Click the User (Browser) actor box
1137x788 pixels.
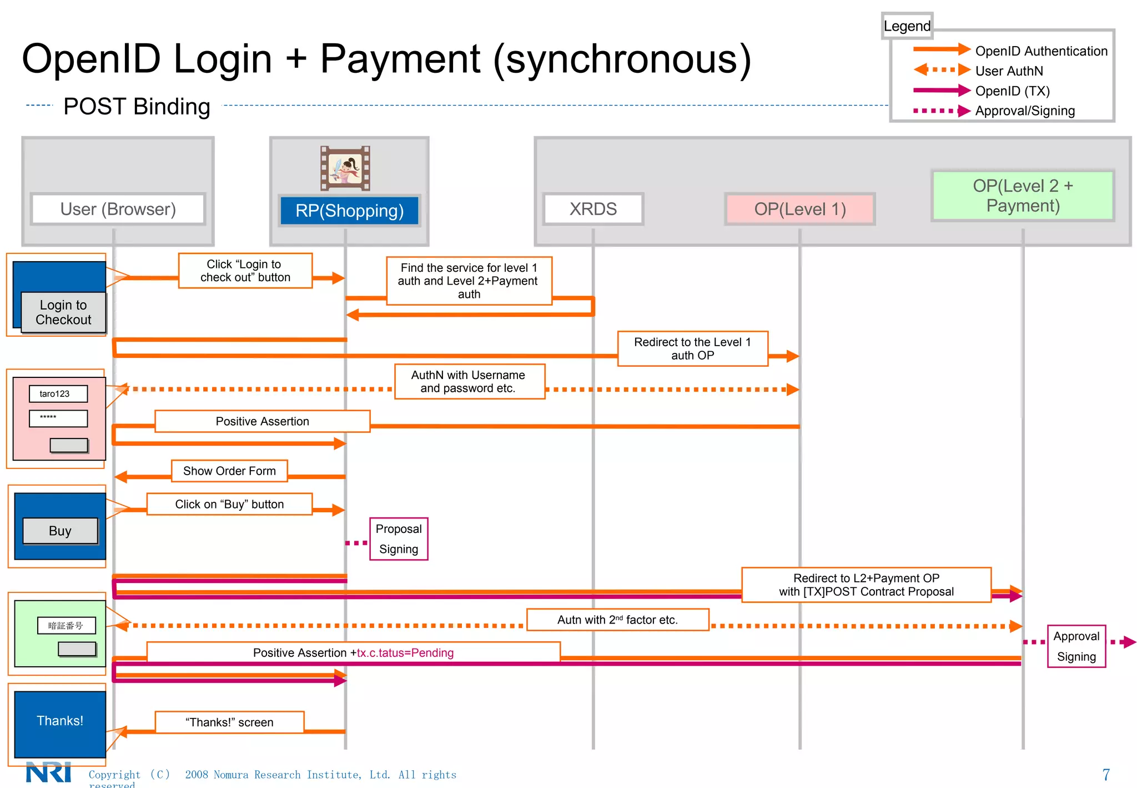(118, 209)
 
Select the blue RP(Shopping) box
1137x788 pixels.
(349, 211)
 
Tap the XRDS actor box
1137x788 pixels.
(593, 209)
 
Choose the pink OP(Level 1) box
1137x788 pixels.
(799, 209)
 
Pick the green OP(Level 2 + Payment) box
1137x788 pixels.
(1023, 196)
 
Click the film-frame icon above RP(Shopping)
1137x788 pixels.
(345, 168)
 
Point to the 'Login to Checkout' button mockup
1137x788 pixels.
(63, 312)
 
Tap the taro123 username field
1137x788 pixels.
(58, 393)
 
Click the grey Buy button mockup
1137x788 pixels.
(60, 531)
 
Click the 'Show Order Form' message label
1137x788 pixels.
(229, 471)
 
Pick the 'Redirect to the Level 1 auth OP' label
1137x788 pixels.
(692, 348)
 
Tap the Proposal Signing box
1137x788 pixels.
(399, 538)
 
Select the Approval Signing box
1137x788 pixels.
(1076, 646)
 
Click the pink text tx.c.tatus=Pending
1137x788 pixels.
(405, 653)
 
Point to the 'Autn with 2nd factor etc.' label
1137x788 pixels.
(617, 620)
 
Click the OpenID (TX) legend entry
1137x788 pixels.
(1012, 91)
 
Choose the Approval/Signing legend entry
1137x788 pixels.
(1024, 111)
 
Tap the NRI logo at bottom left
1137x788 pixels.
(49, 772)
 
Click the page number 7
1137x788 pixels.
(1105, 774)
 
